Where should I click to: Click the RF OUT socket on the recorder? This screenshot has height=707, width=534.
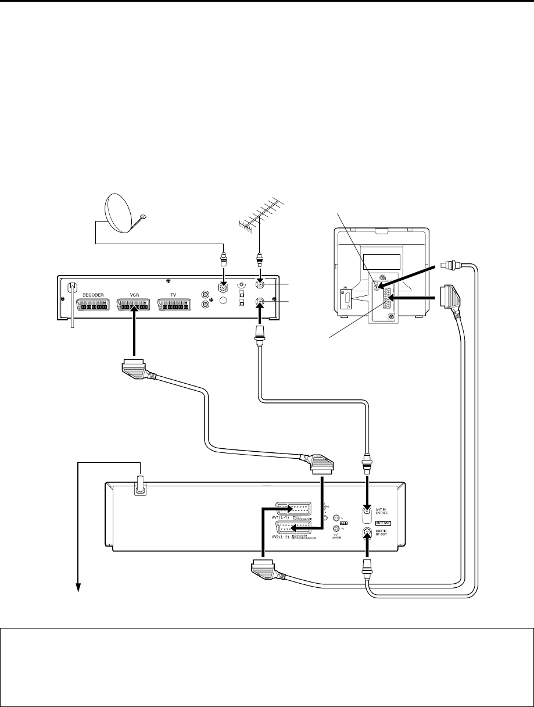click(367, 532)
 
